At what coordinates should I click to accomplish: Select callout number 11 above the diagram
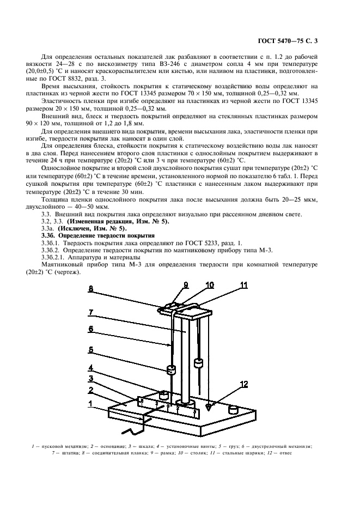[244, 285]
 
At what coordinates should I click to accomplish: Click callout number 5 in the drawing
[91, 350]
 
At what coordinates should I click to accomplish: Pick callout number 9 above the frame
[185, 285]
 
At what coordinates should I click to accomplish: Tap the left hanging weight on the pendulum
[171, 371]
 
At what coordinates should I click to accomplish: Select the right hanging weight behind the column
[198, 362]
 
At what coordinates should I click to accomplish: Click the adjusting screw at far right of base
[235, 409]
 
